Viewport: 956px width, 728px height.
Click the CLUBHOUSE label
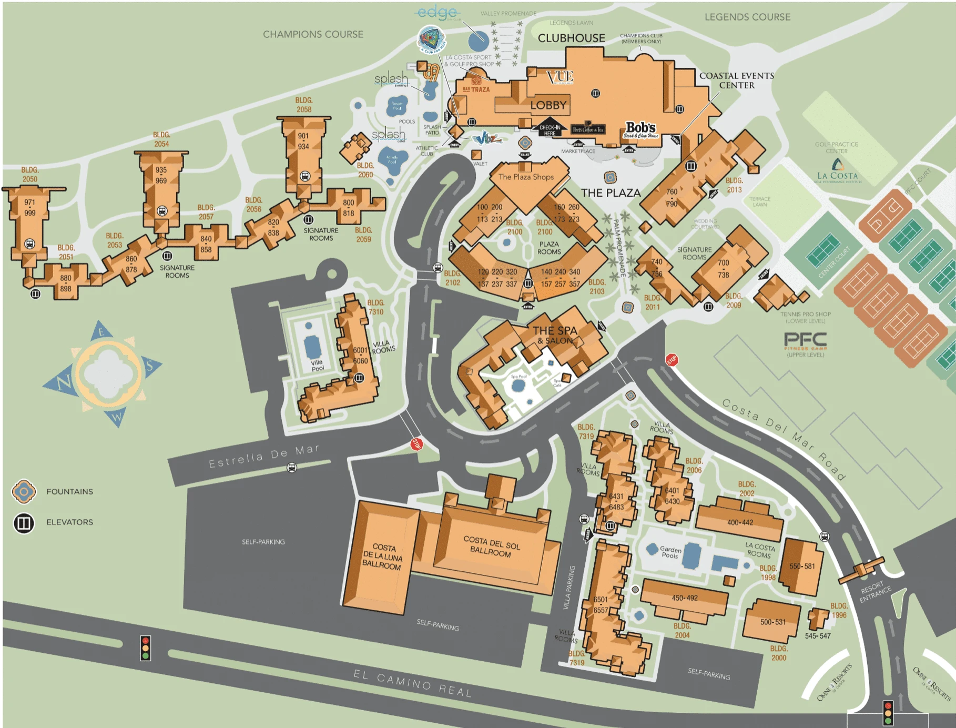571,38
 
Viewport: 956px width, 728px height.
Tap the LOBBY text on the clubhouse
548,105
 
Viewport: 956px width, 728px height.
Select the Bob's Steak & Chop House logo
640,129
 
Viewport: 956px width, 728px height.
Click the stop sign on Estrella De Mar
416,444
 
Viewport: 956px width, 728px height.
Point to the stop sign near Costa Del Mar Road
672,360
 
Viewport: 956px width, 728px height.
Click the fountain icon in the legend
24,492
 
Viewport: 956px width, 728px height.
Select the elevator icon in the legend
24,523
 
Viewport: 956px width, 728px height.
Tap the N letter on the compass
64,382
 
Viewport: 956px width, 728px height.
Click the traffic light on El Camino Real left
146,648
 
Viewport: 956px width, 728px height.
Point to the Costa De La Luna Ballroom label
382,557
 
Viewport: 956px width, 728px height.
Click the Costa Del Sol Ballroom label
491,547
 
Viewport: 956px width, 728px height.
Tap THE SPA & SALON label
555,335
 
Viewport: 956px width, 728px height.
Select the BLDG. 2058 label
304,105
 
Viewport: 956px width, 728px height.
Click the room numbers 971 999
29,207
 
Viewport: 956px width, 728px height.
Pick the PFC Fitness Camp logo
805,341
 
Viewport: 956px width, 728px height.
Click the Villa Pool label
317,365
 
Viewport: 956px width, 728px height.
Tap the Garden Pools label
670,552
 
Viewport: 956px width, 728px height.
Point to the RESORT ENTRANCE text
875,591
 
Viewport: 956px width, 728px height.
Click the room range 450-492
684,598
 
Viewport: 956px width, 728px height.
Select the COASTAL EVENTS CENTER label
736,80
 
